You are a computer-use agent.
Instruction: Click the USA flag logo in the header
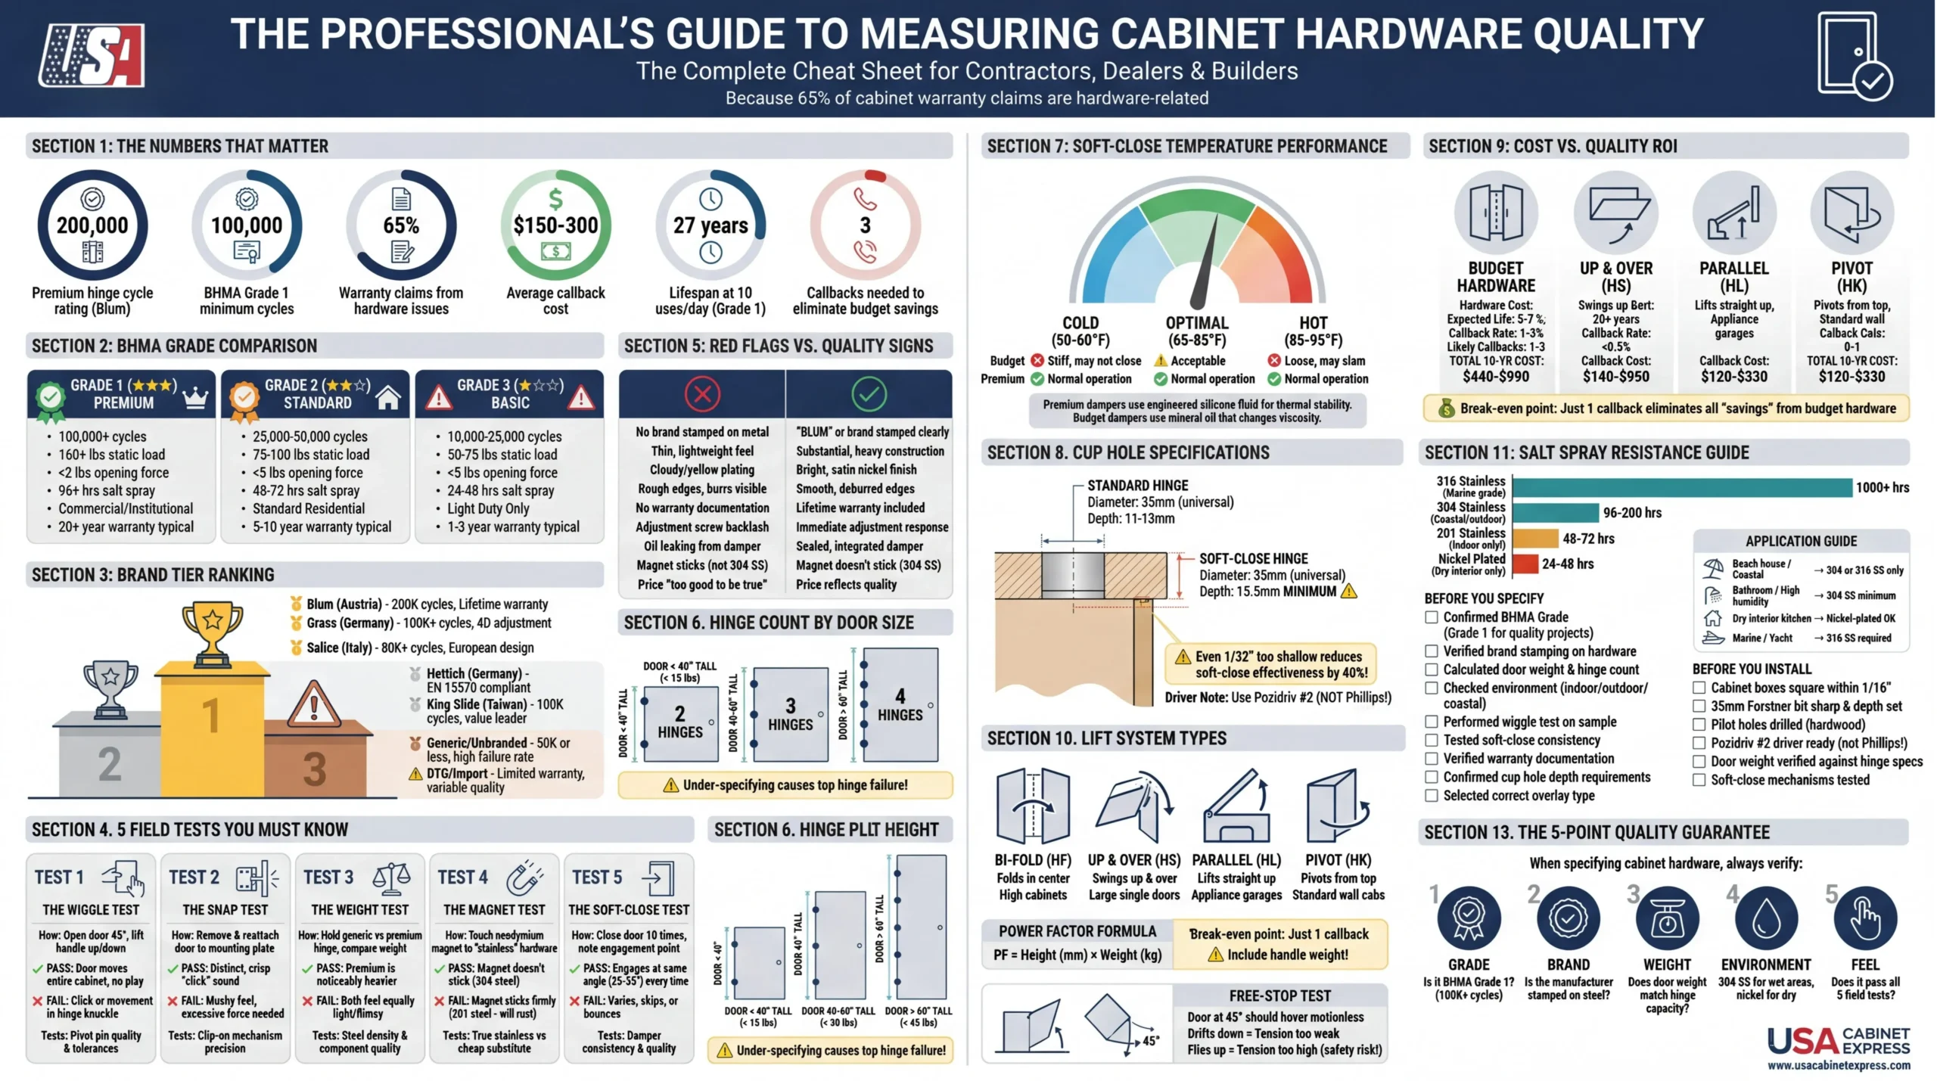point(92,54)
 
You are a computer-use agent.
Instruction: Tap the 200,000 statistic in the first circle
point(92,225)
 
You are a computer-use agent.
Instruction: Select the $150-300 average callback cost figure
point(555,225)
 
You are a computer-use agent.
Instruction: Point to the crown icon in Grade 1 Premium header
point(195,396)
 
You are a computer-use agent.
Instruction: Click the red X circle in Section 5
point(702,393)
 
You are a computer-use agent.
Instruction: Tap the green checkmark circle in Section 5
point(869,393)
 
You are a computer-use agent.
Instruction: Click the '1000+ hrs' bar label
point(1882,488)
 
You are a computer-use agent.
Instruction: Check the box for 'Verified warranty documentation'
point(1432,759)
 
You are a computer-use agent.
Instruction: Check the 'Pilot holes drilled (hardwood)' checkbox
point(1699,725)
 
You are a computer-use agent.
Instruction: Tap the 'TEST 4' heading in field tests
point(462,877)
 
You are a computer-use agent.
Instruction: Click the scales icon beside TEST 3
point(391,877)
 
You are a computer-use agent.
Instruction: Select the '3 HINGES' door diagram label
point(790,715)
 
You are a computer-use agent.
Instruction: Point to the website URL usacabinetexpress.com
point(1839,1065)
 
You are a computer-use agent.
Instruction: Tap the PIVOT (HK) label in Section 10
point(1338,860)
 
